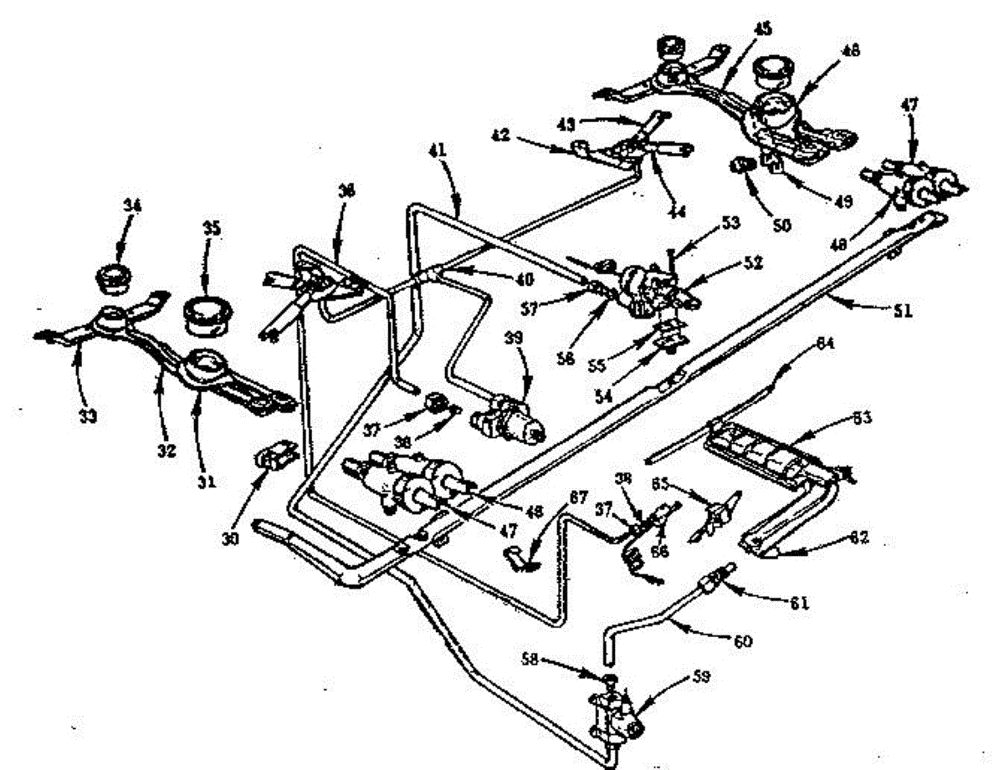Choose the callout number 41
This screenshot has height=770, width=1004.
(438, 151)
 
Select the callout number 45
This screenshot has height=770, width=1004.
(761, 28)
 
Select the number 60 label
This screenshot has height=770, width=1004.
(743, 641)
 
